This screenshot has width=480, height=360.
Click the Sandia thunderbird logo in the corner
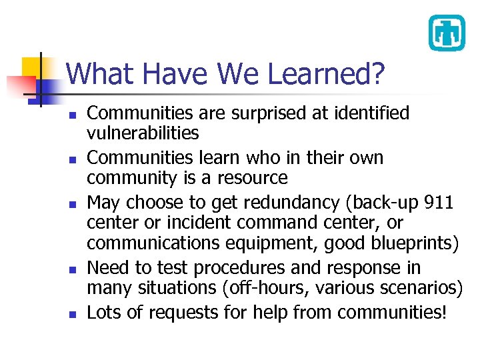(446, 32)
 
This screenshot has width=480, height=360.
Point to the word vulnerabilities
(143, 133)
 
